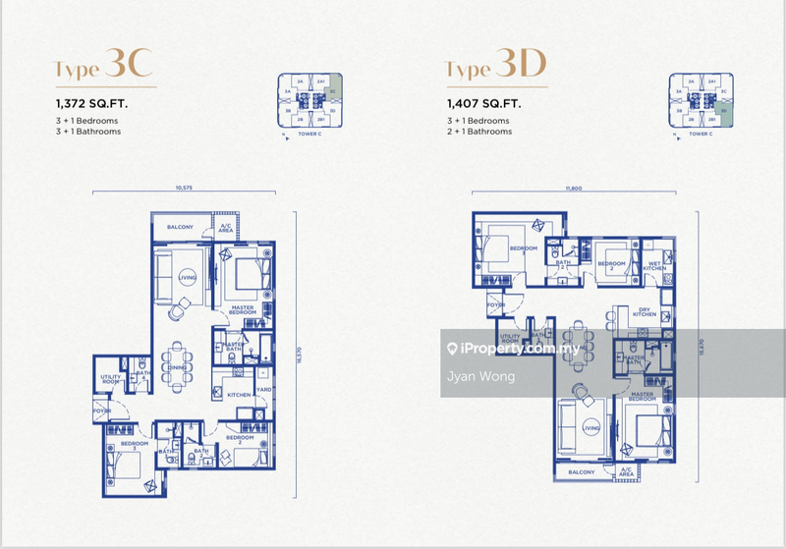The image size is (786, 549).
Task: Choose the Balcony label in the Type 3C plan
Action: click(180, 227)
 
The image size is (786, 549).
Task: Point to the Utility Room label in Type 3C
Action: click(110, 379)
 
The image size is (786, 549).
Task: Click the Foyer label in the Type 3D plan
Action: click(494, 304)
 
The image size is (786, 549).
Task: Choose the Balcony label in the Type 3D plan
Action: click(581, 471)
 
